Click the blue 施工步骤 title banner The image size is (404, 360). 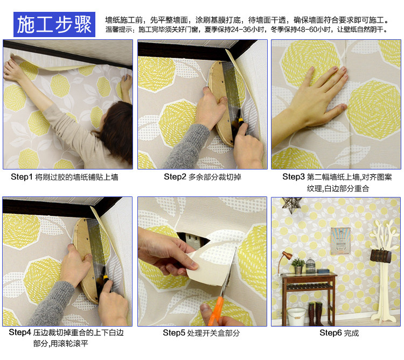54,24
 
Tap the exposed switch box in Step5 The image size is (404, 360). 193,240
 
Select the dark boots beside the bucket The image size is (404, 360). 315,314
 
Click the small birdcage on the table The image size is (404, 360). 310,266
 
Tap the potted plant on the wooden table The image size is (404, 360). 298,266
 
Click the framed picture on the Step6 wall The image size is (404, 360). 340,241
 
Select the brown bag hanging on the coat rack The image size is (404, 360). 380,256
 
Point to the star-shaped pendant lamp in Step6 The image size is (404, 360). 291,205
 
